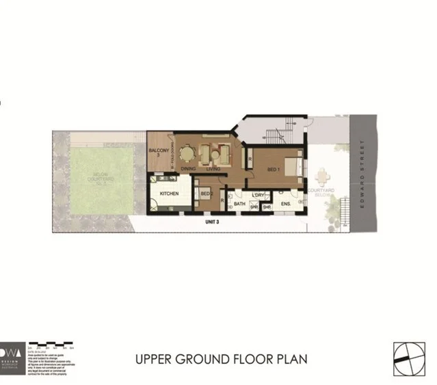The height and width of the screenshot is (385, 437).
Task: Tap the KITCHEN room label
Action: click(x=170, y=194)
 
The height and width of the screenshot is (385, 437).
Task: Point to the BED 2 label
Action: click(x=205, y=194)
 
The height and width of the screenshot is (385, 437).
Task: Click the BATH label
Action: click(x=239, y=204)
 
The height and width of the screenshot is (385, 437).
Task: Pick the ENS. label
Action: click(x=286, y=204)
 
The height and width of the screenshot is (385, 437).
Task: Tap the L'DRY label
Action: click(x=258, y=196)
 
